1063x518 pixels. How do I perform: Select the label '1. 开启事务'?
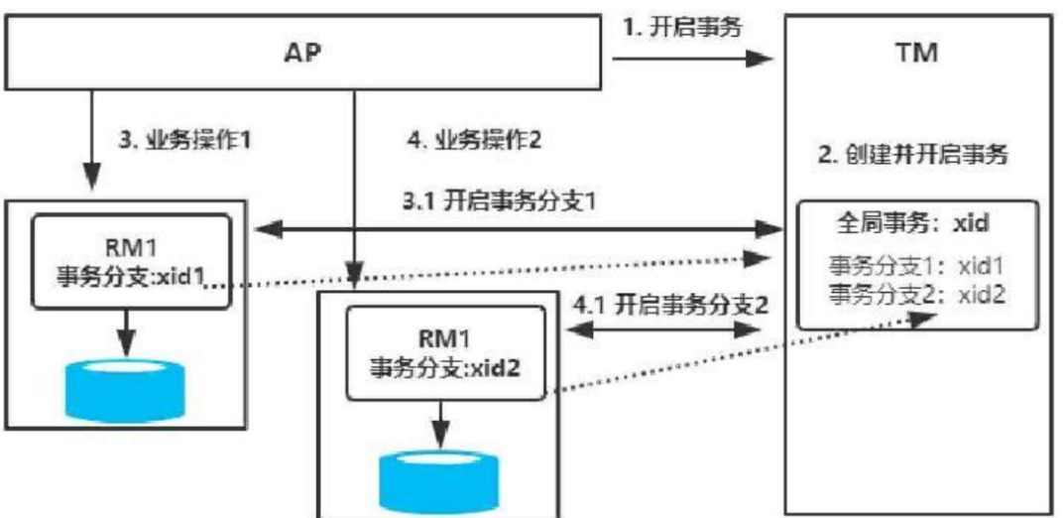click(681, 27)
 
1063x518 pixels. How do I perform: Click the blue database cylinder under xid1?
click(126, 391)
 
